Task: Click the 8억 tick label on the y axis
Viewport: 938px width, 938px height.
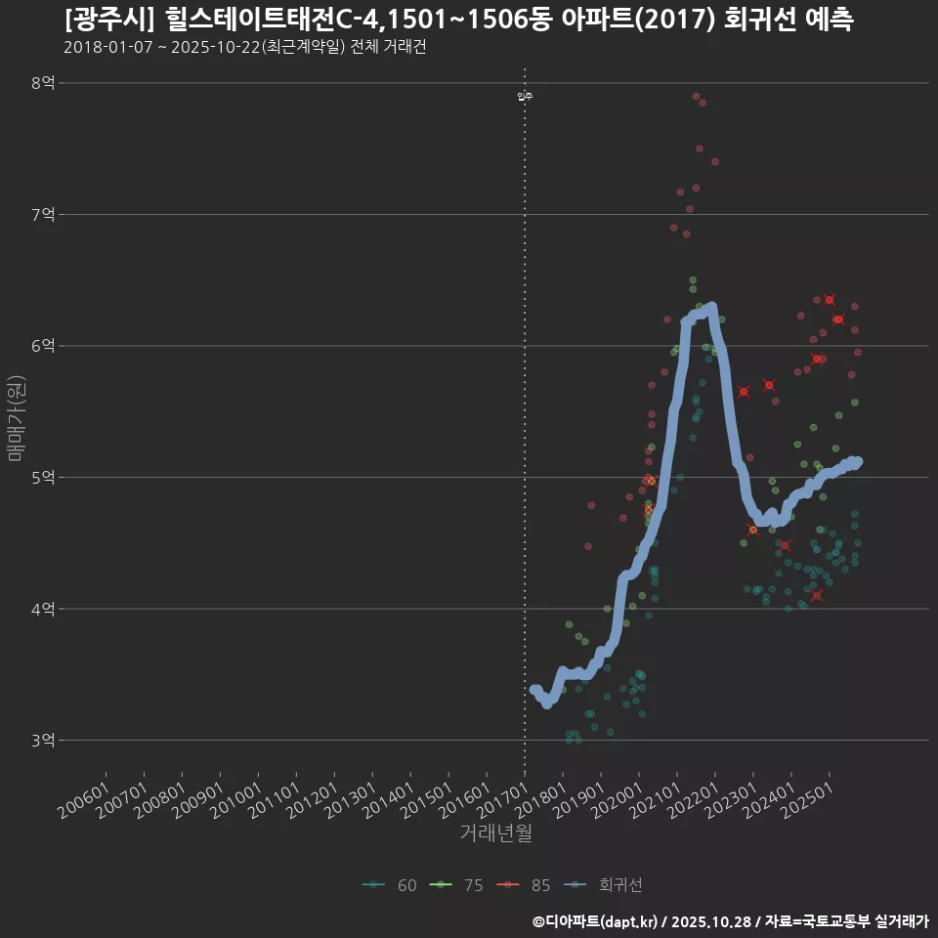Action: pyautogui.click(x=43, y=83)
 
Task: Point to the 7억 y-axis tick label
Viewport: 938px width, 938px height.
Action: pyautogui.click(x=43, y=214)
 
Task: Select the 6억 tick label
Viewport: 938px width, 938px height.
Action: pyautogui.click(x=43, y=346)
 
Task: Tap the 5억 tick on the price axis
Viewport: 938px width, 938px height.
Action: pyautogui.click(x=43, y=478)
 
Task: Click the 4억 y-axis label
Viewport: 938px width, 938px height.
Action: pyautogui.click(x=43, y=609)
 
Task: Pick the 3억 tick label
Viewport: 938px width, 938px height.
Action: pyautogui.click(x=43, y=741)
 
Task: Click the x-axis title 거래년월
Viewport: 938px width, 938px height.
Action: pyautogui.click(x=495, y=833)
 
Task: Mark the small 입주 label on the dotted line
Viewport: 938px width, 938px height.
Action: pyautogui.click(x=525, y=96)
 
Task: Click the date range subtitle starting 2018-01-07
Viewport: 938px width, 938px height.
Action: pyautogui.click(x=244, y=47)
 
